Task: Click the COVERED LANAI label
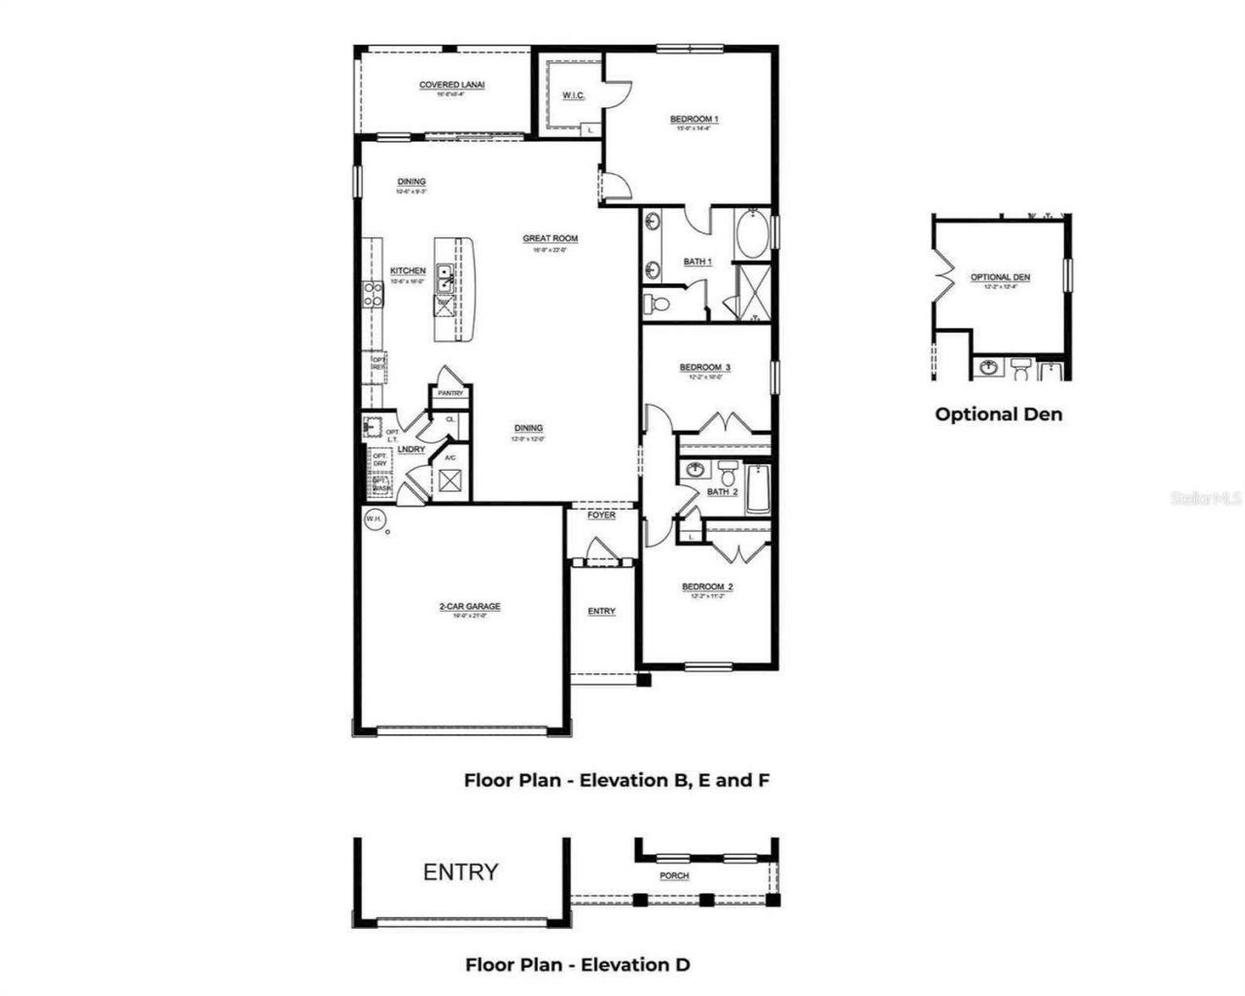(x=451, y=86)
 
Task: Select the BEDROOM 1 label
(x=694, y=120)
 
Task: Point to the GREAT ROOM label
(x=550, y=238)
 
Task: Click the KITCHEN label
(x=408, y=271)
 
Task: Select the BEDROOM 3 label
(x=704, y=368)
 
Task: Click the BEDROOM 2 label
(x=707, y=587)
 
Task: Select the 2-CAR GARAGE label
(x=469, y=607)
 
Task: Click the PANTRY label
(x=449, y=394)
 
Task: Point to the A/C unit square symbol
(x=450, y=480)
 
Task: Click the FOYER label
(x=601, y=516)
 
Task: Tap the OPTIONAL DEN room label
(x=1000, y=277)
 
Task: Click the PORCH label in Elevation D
(x=674, y=875)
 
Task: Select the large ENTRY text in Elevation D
(x=461, y=872)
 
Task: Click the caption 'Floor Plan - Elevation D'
(x=578, y=965)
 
